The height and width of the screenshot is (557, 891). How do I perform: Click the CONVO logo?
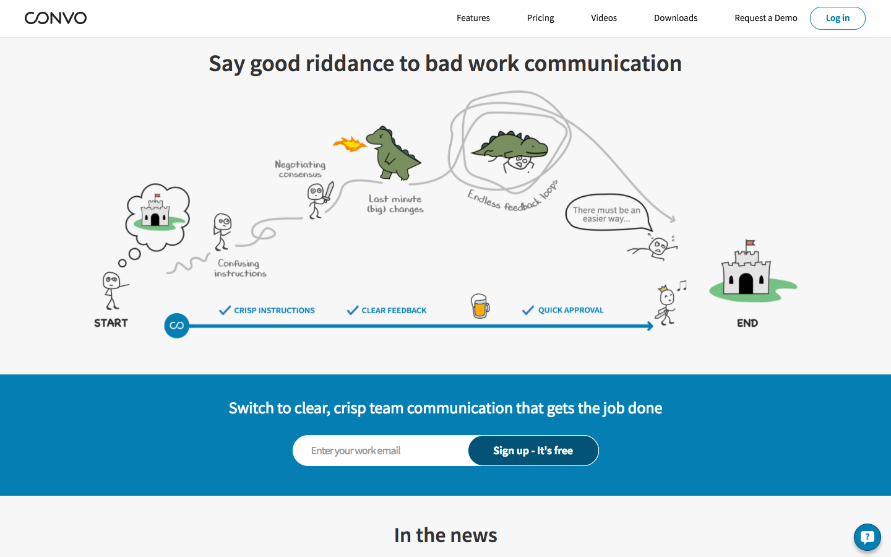click(x=56, y=18)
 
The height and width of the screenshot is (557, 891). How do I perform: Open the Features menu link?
click(x=473, y=18)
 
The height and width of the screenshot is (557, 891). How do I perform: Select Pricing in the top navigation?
click(x=540, y=18)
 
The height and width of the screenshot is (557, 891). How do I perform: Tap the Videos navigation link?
click(x=603, y=18)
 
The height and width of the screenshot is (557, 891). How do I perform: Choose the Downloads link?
click(x=675, y=18)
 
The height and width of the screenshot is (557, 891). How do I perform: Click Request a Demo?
click(x=765, y=18)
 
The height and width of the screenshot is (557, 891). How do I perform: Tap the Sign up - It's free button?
click(x=533, y=451)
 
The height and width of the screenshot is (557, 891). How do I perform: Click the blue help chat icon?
click(x=867, y=537)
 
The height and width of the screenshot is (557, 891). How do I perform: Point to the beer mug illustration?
click(x=480, y=306)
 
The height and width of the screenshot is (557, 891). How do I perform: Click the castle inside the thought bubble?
click(x=155, y=212)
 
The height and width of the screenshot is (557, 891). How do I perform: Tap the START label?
click(x=111, y=323)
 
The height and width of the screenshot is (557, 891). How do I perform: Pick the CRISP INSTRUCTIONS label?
click(x=274, y=311)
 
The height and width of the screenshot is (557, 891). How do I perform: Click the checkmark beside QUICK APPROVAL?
click(x=528, y=310)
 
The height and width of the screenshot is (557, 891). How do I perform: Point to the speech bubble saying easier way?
click(x=606, y=214)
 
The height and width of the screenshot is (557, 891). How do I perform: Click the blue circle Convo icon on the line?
click(x=176, y=326)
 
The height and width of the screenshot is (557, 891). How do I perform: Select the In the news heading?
click(x=445, y=535)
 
